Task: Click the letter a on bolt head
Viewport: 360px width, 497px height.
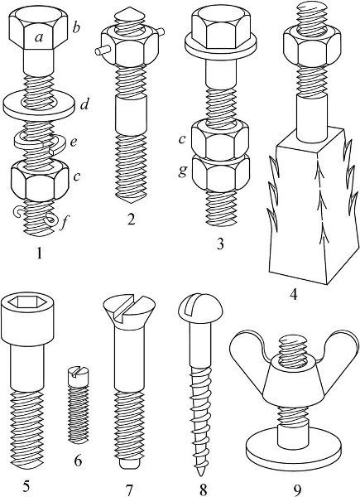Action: coord(39,38)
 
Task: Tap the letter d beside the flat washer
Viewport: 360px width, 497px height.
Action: coord(84,104)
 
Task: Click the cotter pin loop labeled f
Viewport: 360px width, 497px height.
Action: coord(51,219)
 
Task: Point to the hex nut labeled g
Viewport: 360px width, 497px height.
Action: coord(220,173)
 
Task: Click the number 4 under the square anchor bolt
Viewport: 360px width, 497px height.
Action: coord(294,295)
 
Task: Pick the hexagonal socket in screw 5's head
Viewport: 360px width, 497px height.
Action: coord(26,302)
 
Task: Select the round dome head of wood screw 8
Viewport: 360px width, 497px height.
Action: coord(201,307)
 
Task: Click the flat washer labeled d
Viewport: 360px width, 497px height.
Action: coord(39,105)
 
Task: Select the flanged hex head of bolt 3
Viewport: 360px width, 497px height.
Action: coord(220,32)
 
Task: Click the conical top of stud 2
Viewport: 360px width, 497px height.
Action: coord(130,16)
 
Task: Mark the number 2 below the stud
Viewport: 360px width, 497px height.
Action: coord(131,219)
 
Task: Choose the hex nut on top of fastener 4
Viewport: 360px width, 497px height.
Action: coord(312,45)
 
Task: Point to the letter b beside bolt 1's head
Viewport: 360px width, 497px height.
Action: coord(76,27)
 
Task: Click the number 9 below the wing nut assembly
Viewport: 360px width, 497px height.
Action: coord(296,490)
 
